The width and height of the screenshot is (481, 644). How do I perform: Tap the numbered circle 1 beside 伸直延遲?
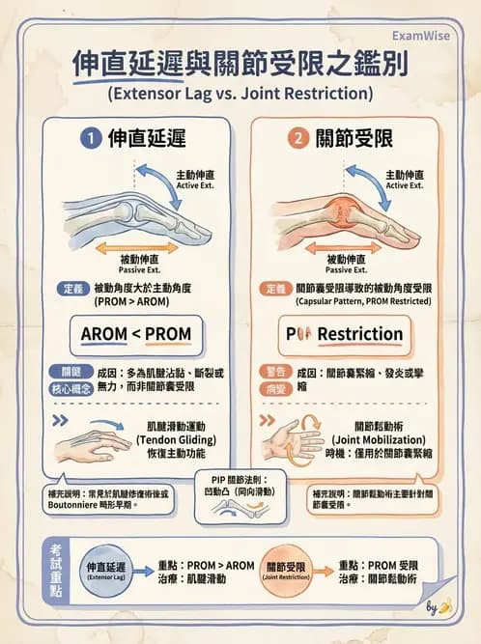pyautogui.click(x=90, y=139)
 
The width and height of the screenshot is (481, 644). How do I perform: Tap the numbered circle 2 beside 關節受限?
pyautogui.click(x=298, y=139)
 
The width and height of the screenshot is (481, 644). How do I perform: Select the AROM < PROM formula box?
pyautogui.click(x=135, y=334)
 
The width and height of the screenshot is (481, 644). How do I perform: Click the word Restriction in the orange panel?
pyautogui.click(x=360, y=334)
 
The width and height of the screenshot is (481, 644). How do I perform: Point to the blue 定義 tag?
pyautogui.click(x=71, y=289)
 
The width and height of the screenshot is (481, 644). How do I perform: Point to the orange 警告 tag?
pyautogui.click(x=274, y=371)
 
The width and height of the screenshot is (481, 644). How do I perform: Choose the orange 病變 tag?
pyautogui.click(x=274, y=388)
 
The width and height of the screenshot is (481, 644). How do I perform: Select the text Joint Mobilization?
pyautogui.click(x=378, y=438)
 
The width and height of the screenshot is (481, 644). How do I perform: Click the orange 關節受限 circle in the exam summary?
pyautogui.click(x=287, y=570)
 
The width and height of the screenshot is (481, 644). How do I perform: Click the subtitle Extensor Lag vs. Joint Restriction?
pyautogui.click(x=240, y=95)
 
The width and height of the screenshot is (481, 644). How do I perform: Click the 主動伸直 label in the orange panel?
pyautogui.click(x=404, y=179)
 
